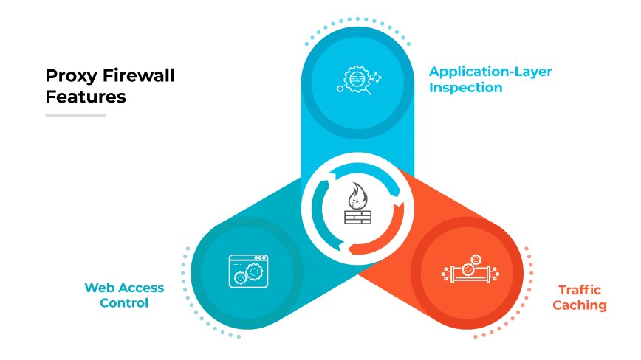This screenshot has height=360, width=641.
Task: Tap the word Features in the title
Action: tap(86, 97)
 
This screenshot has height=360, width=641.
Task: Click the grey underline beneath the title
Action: tap(75, 115)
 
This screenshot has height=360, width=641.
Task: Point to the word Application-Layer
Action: tap(490, 72)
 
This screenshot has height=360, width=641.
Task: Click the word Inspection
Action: tap(467, 88)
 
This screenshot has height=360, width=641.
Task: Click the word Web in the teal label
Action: tap(99, 287)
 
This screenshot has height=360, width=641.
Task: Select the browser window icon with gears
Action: tap(248, 269)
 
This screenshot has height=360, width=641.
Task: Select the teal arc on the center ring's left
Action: tap(318, 213)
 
